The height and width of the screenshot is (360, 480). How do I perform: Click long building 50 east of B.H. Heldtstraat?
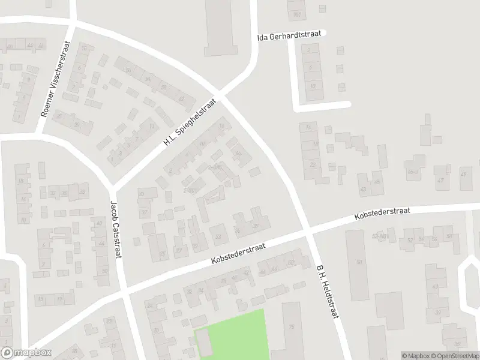tap(359, 264)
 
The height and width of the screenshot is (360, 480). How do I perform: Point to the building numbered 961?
tap(297, 14)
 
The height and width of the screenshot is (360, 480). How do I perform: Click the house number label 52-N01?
tap(379, 236)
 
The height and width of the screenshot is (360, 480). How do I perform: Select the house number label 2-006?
tap(215, 166)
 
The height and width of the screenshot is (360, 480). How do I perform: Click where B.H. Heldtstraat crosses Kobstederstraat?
tap(307, 230)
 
